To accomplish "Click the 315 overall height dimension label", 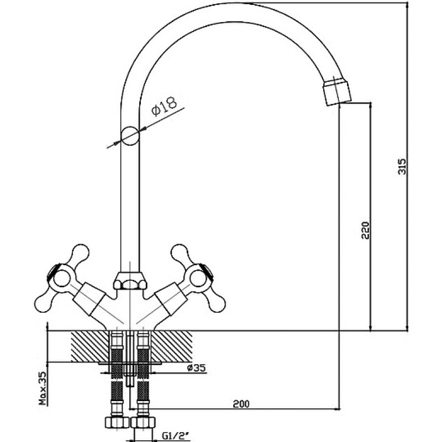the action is coord(402,167).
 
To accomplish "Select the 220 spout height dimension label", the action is coord(365,230).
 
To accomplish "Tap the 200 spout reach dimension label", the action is coord(241,404).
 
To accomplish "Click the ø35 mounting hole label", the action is coord(197,367).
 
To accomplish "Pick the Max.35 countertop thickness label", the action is coord(43,388).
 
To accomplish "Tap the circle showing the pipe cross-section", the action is coord(130,135).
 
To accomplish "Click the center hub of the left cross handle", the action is coord(61,279).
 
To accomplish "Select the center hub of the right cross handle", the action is coord(198,278).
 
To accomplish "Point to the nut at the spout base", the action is coord(130,281).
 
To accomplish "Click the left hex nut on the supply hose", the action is coord(117,422).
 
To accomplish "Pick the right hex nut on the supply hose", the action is coord(143,422).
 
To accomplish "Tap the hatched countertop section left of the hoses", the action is coord(90,346).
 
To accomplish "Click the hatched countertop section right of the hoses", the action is coord(171,346).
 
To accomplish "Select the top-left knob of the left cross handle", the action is coord(80,252).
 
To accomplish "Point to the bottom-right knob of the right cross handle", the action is coord(217,303).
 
